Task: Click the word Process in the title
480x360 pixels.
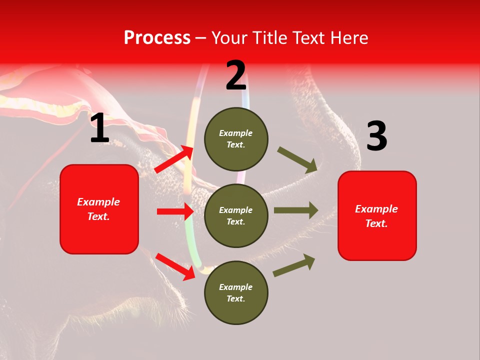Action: (157, 38)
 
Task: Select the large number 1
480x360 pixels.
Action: (99, 128)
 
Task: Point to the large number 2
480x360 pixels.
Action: (236, 76)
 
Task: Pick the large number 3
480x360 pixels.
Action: (376, 137)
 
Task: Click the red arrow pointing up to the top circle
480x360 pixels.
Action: (174, 159)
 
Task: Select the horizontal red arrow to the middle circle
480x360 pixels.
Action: (175, 211)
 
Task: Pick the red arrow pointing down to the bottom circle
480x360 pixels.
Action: (175, 266)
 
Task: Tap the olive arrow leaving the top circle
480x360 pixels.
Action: (297, 160)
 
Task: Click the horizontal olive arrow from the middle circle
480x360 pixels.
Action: (295, 210)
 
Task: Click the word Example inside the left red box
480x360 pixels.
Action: (98, 202)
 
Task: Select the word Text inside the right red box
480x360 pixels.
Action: (376, 223)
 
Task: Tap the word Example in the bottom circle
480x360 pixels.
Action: (235, 287)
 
